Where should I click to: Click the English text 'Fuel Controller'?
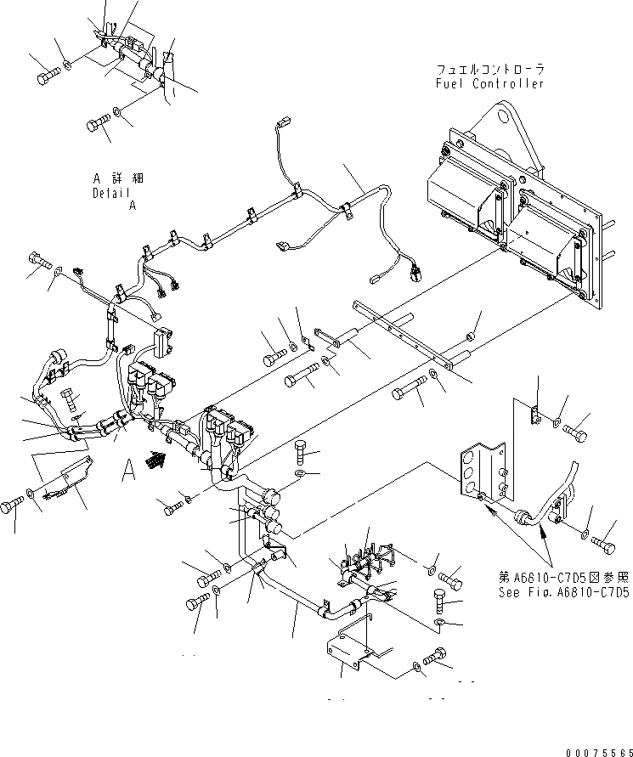tap(488, 83)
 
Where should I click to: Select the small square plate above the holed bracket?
tap(534, 415)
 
